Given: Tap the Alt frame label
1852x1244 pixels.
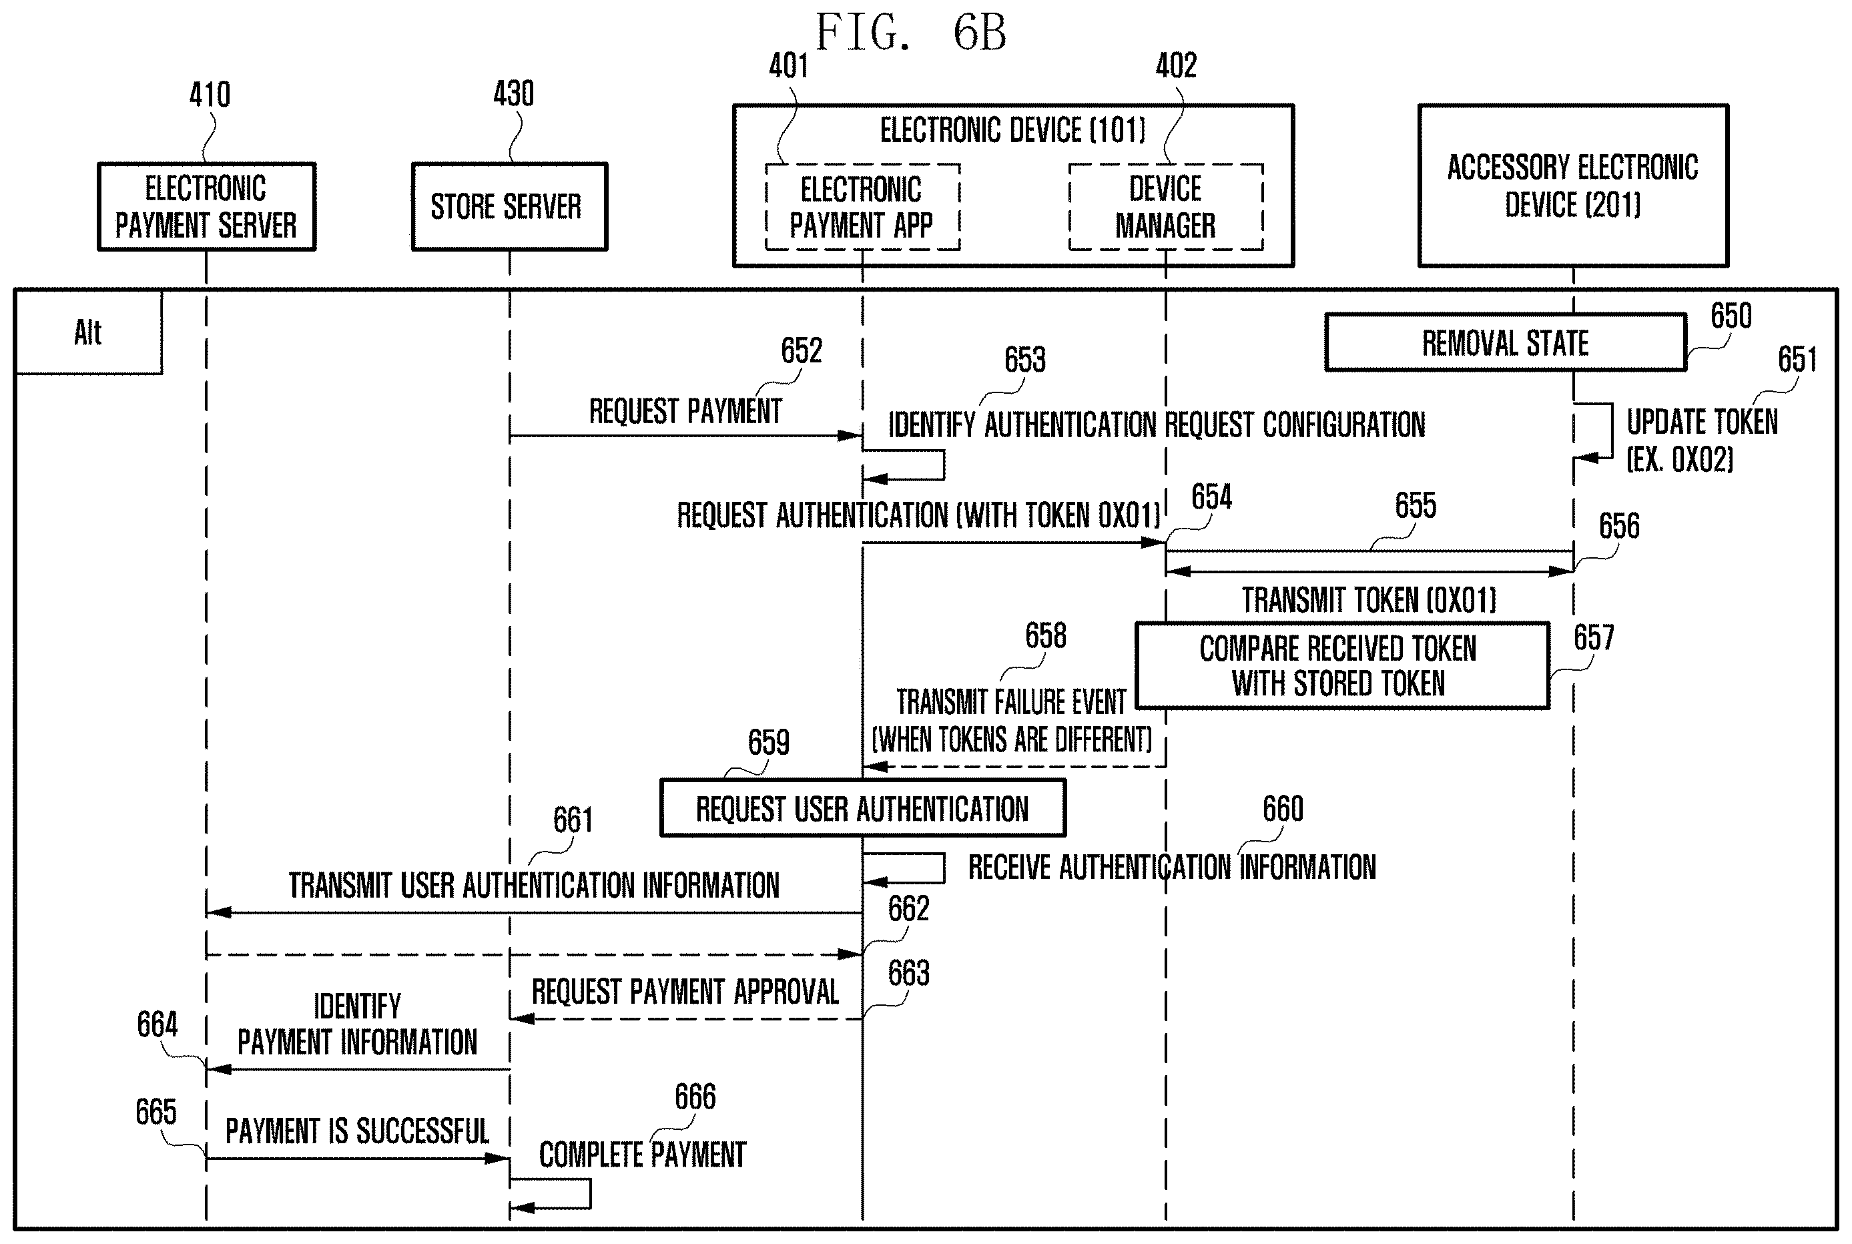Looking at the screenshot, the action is [x=88, y=332].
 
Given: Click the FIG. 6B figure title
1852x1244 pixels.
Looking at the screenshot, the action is [x=912, y=33].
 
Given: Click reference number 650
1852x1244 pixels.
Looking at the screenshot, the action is [x=1731, y=316].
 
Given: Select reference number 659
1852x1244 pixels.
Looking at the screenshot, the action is [x=769, y=743].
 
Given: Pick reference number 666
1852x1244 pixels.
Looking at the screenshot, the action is [x=695, y=1097].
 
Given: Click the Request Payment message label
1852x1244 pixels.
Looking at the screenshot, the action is [x=685, y=411].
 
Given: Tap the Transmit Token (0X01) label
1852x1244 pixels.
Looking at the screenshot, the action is [x=1369, y=600].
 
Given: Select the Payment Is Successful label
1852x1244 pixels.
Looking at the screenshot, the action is [x=357, y=1131].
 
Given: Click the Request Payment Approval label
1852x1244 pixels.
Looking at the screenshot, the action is [x=685, y=992].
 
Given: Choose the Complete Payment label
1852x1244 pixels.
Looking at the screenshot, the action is [x=643, y=1155].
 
